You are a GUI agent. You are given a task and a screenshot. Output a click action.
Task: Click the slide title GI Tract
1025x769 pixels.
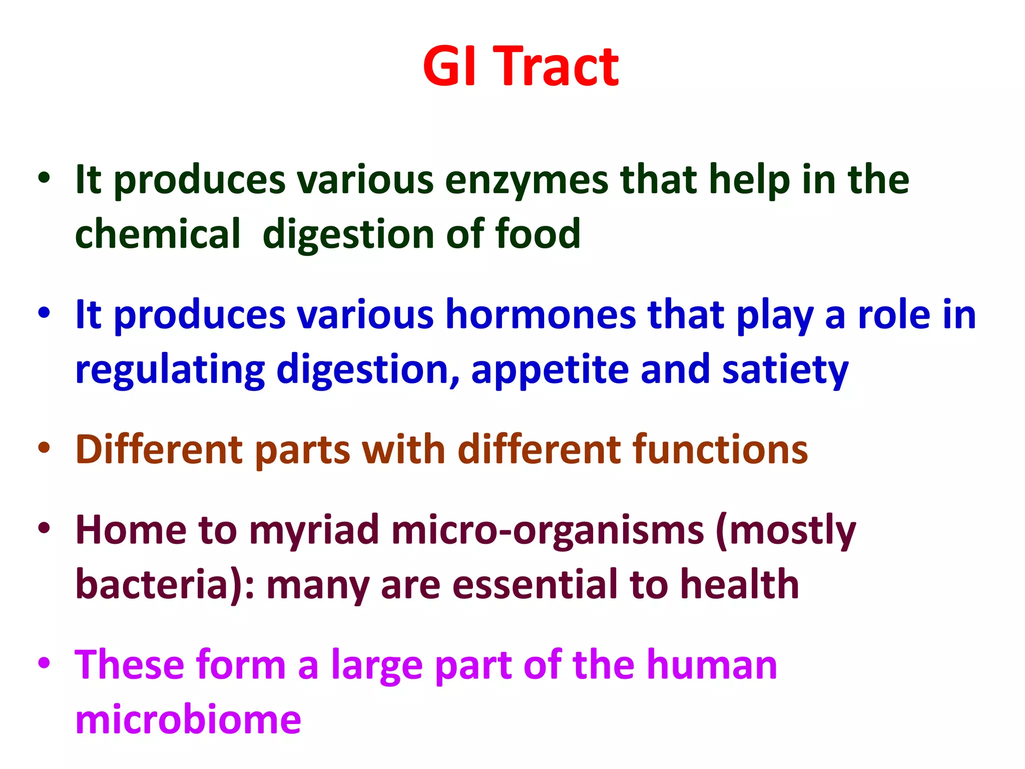pos(521,67)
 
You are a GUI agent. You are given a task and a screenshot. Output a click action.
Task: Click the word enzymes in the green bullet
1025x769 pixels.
pos(526,180)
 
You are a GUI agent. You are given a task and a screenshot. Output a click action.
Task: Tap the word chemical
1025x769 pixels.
pos(158,234)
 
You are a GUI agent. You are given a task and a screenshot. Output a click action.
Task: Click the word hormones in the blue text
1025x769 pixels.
pos(541,315)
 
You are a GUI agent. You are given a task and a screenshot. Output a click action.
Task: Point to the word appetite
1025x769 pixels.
pos(550,369)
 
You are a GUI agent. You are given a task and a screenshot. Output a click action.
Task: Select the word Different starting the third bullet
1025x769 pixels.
pos(159,450)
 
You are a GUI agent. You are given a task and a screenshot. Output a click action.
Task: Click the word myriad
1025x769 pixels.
pos(314,531)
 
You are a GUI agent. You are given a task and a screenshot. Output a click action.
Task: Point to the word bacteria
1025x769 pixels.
pos(152,585)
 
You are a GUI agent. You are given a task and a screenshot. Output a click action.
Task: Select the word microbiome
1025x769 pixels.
pos(188,719)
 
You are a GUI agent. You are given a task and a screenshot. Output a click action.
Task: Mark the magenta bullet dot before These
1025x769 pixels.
pos(44,663)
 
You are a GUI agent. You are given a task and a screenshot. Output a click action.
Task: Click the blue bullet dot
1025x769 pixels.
pos(44,313)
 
